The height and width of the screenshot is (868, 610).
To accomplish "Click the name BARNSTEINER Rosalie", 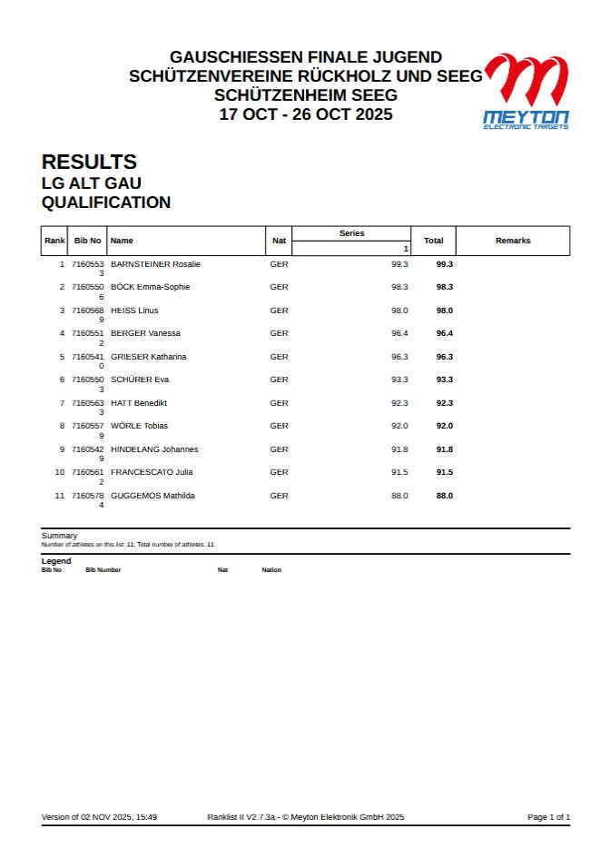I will click(x=155, y=264).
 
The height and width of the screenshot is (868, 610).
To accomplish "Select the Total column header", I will click(x=433, y=241).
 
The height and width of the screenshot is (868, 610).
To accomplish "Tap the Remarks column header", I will click(x=513, y=241).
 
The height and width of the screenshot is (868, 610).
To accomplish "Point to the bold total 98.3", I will click(x=444, y=287).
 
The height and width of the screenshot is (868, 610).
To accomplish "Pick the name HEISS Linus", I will click(x=134, y=311).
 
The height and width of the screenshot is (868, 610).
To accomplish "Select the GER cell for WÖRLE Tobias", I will click(x=279, y=426).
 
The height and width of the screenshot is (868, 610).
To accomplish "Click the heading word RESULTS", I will click(x=89, y=163).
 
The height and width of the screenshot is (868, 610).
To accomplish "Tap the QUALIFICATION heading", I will click(x=106, y=202).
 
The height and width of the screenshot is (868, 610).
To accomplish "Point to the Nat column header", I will click(x=279, y=241).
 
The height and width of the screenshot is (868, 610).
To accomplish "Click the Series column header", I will click(x=351, y=233).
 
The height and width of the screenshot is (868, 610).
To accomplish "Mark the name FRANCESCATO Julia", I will click(x=152, y=472).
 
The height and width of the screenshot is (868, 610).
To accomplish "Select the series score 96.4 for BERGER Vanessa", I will click(x=399, y=333).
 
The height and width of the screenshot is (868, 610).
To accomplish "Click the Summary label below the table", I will click(x=59, y=536).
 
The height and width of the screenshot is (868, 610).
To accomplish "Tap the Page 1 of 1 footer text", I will click(x=548, y=817).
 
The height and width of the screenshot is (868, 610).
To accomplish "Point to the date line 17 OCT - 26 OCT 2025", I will click(x=306, y=114).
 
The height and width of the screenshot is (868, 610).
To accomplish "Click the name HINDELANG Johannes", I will click(x=154, y=449).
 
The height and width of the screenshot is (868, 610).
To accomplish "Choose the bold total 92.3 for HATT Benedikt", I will click(x=444, y=403).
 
